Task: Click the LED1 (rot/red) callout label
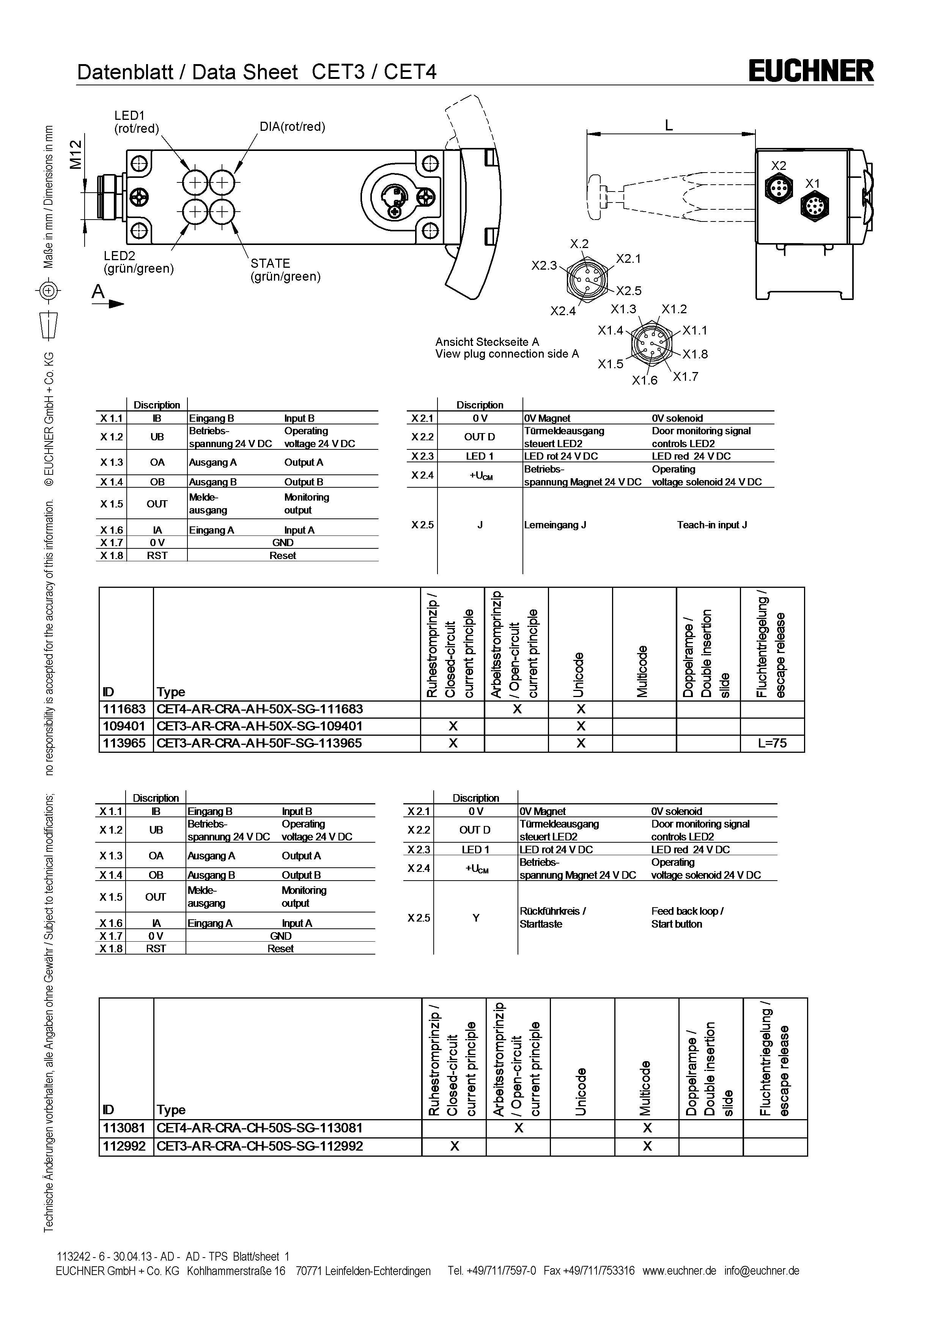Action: pos(136,122)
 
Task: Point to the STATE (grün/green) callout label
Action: pos(285,270)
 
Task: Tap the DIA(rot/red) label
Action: pos(292,127)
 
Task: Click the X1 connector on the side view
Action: pos(814,206)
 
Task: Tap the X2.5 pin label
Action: pos(629,291)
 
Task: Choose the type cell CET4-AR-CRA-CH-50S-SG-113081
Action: pos(260,1128)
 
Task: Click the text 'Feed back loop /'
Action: pos(687,911)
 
